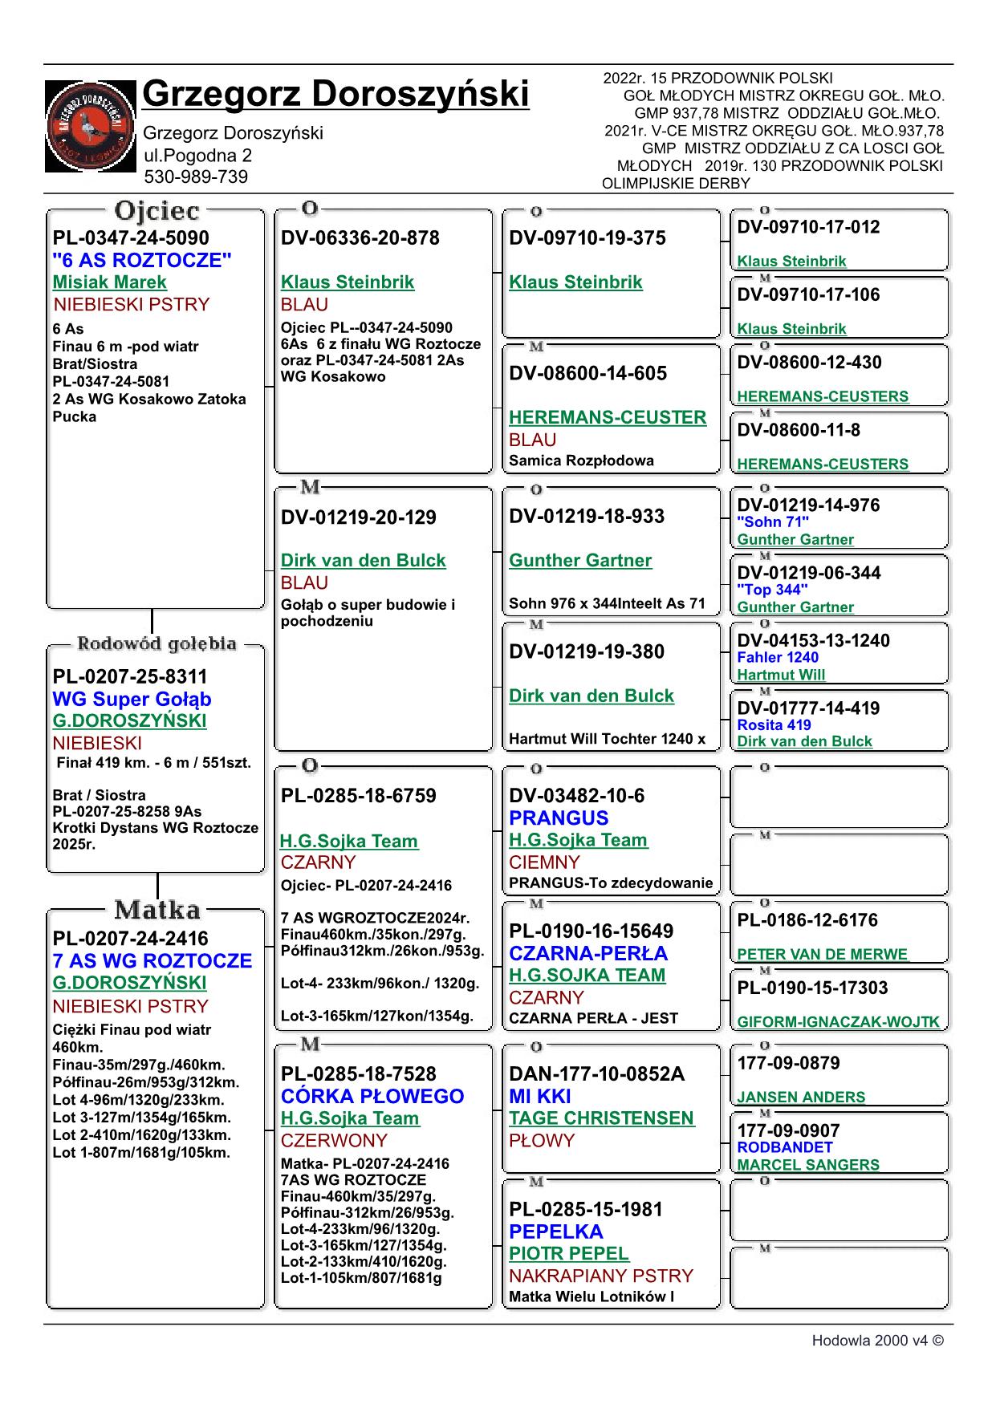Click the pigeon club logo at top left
(x=90, y=126)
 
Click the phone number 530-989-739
(x=196, y=177)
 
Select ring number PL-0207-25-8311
(x=130, y=676)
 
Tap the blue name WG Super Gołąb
(x=132, y=699)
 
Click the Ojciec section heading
(x=157, y=211)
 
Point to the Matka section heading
(x=157, y=910)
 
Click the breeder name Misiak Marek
(x=110, y=282)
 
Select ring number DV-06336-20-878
(x=360, y=238)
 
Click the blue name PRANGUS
(x=559, y=818)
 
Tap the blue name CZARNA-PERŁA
(x=588, y=954)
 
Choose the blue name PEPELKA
(x=555, y=1231)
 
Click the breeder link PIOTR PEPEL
(x=569, y=1254)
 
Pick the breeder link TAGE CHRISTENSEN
(x=601, y=1118)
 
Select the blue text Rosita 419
(x=774, y=725)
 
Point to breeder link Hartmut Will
(x=781, y=675)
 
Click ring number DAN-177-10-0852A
(x=597, y=1074)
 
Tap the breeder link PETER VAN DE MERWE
(x=822, y=955)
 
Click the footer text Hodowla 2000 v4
(x=877, y=1341)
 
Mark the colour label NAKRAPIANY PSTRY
(x=601, y=1276)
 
